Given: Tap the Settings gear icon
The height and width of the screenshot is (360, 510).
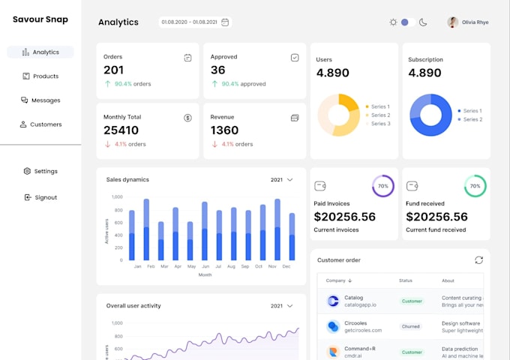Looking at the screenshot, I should click(27, 171).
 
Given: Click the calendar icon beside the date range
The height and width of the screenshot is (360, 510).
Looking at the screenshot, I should click(225, 22).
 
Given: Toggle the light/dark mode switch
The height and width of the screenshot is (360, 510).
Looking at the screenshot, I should click(407, 22).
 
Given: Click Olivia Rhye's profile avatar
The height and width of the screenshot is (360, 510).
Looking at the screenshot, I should click(453, 22).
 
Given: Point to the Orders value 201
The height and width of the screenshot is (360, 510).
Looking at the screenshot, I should click(114, 70).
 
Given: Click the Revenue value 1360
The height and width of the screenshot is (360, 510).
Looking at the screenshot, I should click(224, 130).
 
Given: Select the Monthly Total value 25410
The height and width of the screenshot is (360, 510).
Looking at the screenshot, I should click(121, 130).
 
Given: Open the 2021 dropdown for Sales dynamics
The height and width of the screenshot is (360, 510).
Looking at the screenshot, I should click(281, 180).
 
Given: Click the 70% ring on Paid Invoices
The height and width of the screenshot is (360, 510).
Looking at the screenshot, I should click(383, 186).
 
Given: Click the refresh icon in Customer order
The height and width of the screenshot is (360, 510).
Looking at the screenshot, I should click(478, 260).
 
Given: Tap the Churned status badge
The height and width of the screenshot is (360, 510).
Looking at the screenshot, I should click(412, 326).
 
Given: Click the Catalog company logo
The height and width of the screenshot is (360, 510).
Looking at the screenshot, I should click(334, 301).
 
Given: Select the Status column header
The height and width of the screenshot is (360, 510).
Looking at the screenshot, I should click(406, 280).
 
